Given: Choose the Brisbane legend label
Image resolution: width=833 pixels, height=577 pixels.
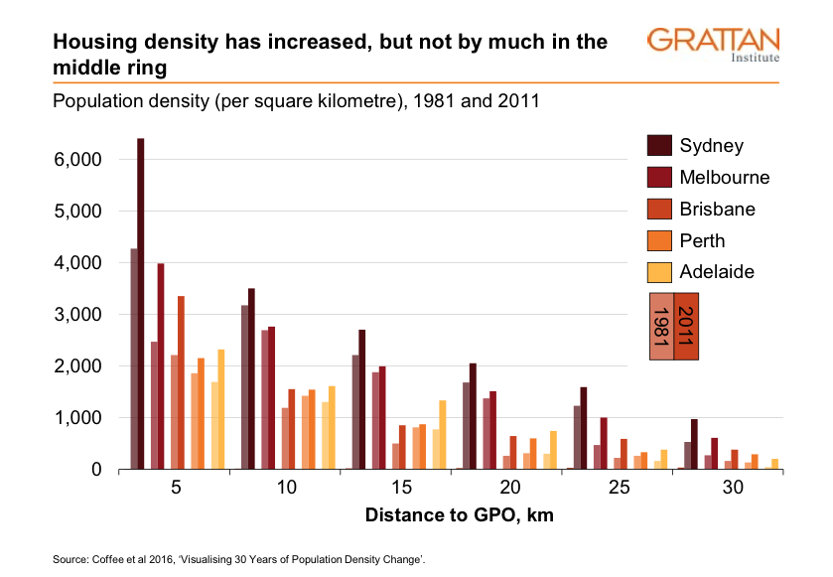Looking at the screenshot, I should click(x=717, y=210).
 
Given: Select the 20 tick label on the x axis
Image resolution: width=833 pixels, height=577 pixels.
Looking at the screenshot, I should click(x=507, y=488).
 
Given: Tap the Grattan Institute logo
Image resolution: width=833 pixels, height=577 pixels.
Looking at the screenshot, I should click(x=713, y=45).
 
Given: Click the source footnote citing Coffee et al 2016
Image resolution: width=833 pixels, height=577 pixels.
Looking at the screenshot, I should click(x=238, y=562).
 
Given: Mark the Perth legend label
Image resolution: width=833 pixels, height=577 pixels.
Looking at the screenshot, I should click(x=702, y=240).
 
